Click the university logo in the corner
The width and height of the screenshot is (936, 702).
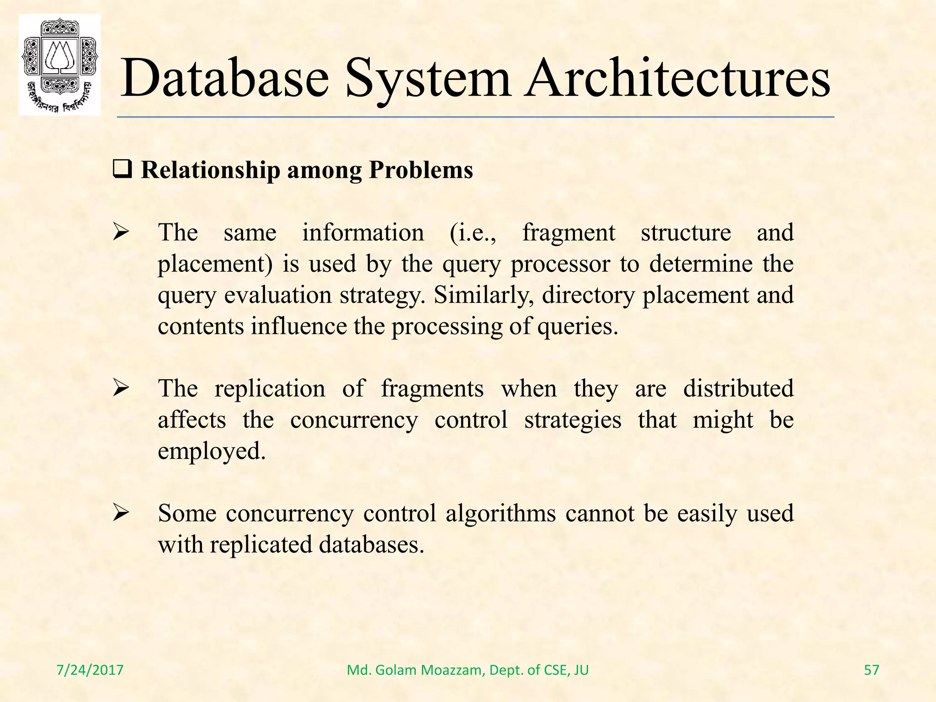pyautogui.click(x=59, y=65)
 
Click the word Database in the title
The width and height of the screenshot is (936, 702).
pyautogui.click(x=224, y=79)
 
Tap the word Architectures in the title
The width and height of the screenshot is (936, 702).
pyautogui.click(x=677, y=79)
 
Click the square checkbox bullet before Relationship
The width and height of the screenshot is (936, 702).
pyautogui.click(x=122, y=170)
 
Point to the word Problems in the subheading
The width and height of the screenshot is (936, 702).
pyautogui.click(x=421, y=170)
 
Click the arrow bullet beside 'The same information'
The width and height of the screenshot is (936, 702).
pyautogui.click(x=122, y=233)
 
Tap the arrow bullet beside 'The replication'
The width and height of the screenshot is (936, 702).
pyautogui.click(x=122, y=389)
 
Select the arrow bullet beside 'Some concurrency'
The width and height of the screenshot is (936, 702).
pyautogui.click(x=122, y=514)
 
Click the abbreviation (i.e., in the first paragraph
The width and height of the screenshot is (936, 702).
pyautogui.click(x=473, y=233)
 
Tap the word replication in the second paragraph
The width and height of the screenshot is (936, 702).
pyautogui.click(x=270, y=389)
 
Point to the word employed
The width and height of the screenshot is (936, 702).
pyautogui.click(x=212, y=452)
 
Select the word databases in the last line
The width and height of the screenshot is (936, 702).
pyautogui.click(x=372, y=545)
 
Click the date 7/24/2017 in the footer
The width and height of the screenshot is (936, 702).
pyautogui.click(x=90, y=670)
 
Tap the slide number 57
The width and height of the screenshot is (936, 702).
pyautogui.click(x=872, y=670)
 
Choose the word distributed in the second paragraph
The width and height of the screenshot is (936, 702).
pyautogui.click(x=738, y=389)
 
